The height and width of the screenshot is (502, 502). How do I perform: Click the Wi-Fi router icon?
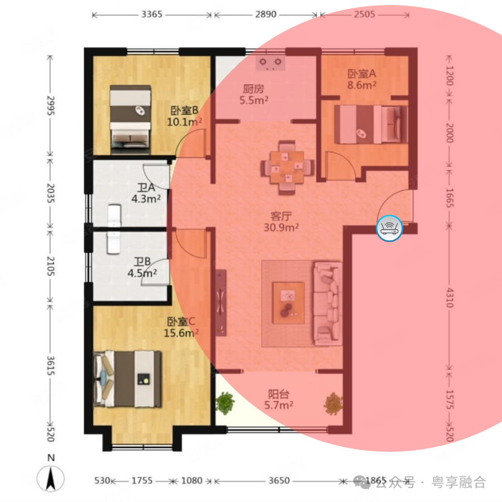[389, 228]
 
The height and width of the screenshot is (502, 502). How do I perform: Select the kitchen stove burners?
[271, 62]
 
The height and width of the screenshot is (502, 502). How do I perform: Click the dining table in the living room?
[287, 166]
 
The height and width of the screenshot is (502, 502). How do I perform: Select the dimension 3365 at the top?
[151, 15]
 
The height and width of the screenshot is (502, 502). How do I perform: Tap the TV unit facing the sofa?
[221, 302]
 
